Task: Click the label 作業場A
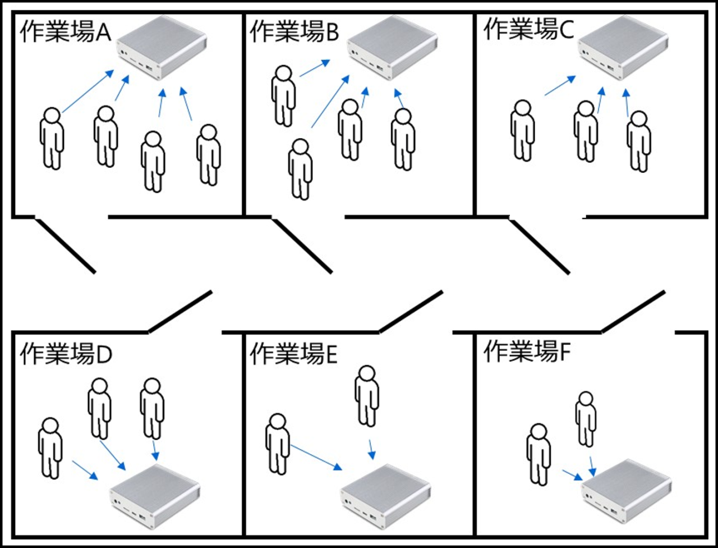tap(67, 33)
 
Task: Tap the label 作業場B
tap(294, 32)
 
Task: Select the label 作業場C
tap(528, 29)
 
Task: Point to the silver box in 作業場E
tap(386, 495)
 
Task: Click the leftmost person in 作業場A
tap(52, 137)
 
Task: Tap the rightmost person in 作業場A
tap(208, 154)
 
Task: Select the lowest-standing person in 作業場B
tap(300, 168)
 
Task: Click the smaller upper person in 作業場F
tap(585, 418)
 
